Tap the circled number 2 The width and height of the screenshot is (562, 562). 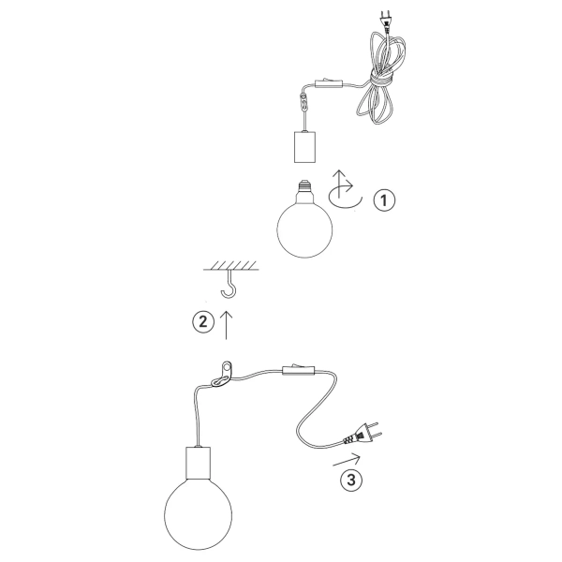coord(201,321)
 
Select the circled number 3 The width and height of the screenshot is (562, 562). coord(348,481)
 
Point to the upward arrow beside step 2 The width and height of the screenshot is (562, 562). coord(226,323)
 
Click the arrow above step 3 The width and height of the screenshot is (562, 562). coord(346,459)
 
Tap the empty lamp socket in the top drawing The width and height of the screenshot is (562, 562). coord(305,147)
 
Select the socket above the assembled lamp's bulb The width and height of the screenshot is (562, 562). coord(198,461)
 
